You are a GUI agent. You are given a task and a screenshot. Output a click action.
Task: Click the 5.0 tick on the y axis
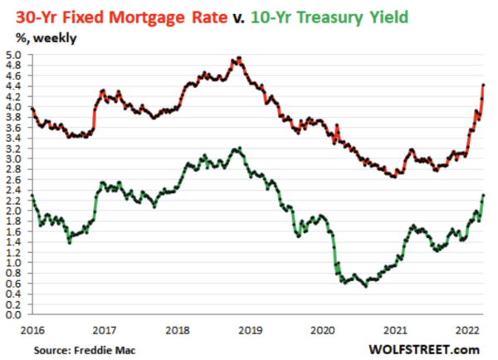(x=14, y=55)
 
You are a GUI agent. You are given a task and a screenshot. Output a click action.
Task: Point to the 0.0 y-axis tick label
(x=14, y=315)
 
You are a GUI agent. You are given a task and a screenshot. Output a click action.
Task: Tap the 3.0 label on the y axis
(x=14, y=159)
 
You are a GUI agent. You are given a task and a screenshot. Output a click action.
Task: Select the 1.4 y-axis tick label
(x=14, y=242)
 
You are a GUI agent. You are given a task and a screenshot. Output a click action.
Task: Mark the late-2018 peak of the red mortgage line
(x=239, y=58)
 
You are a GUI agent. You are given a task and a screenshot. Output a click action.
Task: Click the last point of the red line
(x=484, y=85)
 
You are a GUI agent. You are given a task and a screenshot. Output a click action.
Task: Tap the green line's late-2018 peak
(x=238, y=148)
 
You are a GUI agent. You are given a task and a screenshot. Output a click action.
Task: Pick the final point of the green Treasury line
(x=484, y=195)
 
